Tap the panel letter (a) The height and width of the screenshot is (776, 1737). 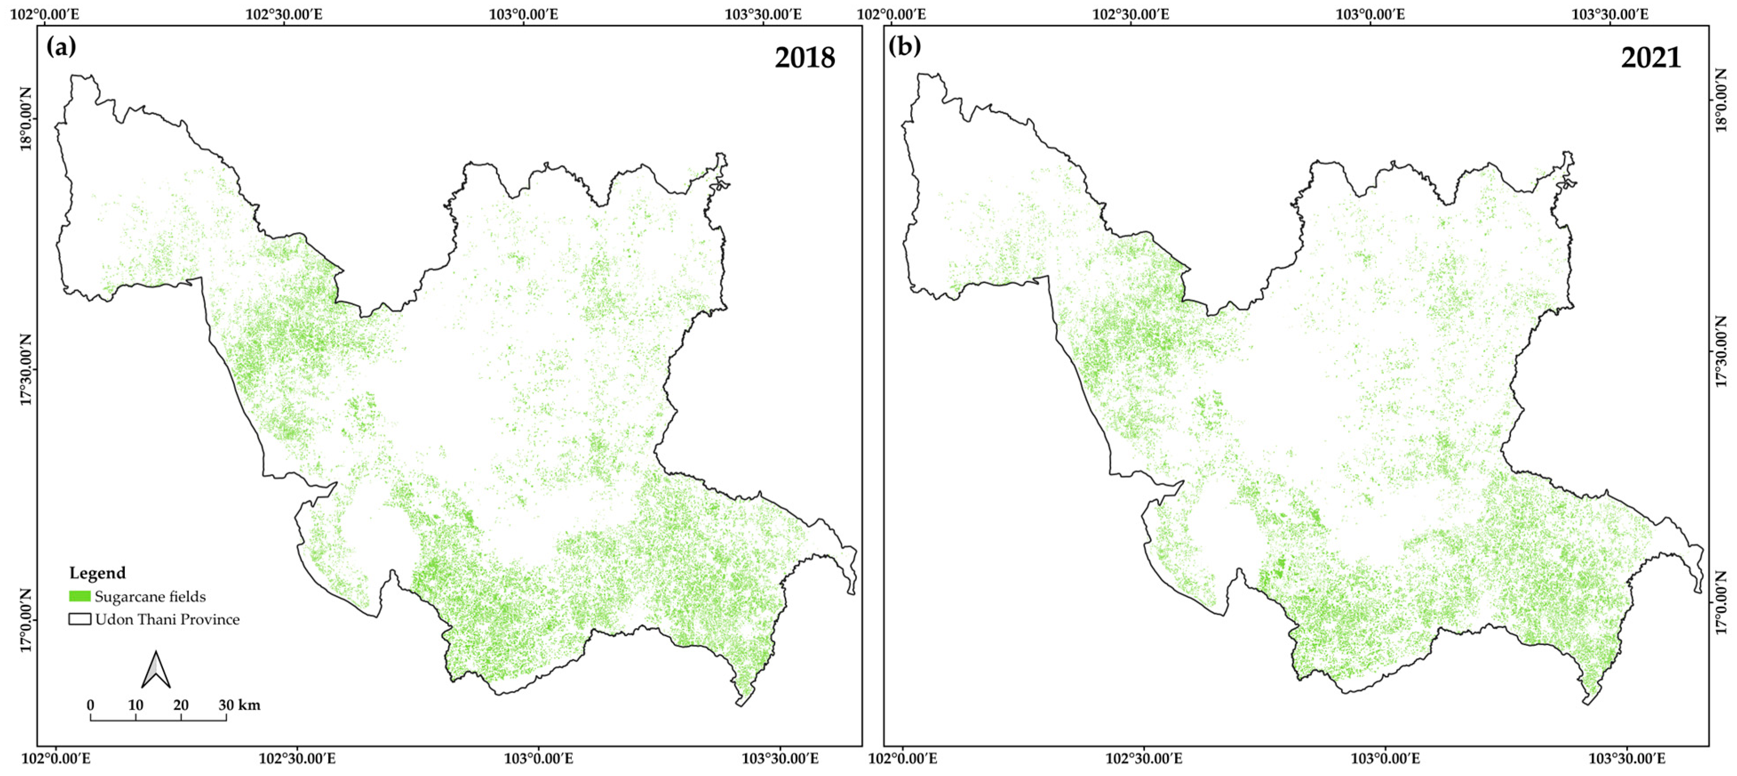pyautogui.click(x=61, y=47)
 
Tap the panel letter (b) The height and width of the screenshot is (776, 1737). pyautogui.click(x=904, y=47)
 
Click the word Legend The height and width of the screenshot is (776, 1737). pyautogui.click(x=97, y=573)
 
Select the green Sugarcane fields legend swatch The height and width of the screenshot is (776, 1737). pyautogui.click(x=80, y=596)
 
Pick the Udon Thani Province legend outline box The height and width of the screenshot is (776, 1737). pyautogui.click(x=80, y=619)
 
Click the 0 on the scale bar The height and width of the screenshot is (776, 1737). pyautogui.click(x=90, y=705)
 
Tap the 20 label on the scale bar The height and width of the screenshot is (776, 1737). pyautogui.click(x=181, y=705)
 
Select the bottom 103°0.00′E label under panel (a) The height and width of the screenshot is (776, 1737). pyautogui.click(x=538, y=759)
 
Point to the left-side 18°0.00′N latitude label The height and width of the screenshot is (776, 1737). pyautogui.click(x=26, y=119)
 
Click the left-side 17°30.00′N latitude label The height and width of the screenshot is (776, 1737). pyautogui.click(x=26, y=370)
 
